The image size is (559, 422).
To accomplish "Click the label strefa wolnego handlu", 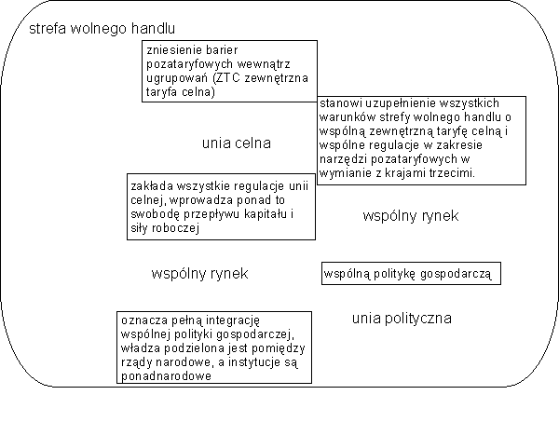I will pyautogui.click(x=102, y=29).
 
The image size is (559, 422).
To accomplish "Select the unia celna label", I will pyautogui.click(x=236, y=143).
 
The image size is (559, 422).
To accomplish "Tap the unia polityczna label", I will pyautogui.click(x=402, y=319).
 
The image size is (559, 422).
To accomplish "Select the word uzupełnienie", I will pyautogui.click(x=402, y=102).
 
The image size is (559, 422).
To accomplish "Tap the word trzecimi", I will pyautogui.click(x=452, y=173).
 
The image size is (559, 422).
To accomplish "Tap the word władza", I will pyautogui.click(x=143, y=347).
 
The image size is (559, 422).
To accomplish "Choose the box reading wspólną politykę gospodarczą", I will pyautogui.click(x=412, y=274).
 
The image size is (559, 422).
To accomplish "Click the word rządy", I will pyautogui.click(x=140, y=361).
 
